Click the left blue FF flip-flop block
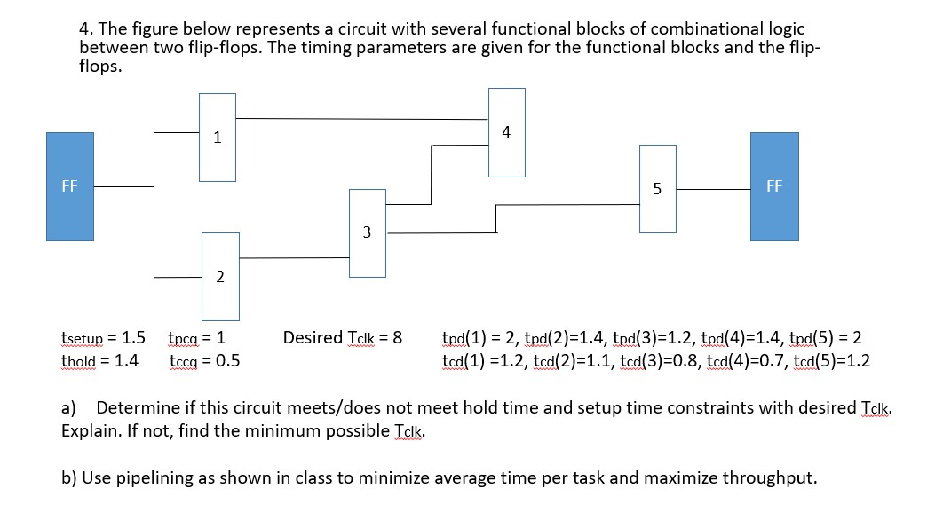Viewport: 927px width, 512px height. pyautogui.click(x=69, y=186)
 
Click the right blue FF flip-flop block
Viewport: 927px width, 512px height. pyautogui.click(x=773, y=186)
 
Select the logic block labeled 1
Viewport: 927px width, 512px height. pyautogui.click(x=218, y=138)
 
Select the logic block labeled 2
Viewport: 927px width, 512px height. pyautogui.click(x=219, y=276)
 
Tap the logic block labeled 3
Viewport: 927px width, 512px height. pyautogui.click(x=367, y=232)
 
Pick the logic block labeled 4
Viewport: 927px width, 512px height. pyautogui.click(x=506, y=132)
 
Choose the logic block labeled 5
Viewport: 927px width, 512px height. pyautogui.click(x=657, y=188)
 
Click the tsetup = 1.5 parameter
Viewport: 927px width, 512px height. pyautogui.click(x=103, y=338)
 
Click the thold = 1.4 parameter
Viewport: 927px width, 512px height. pyautogui.click(x=99, y=361)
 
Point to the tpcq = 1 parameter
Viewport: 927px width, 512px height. pyautogui.click(x=195, y=338)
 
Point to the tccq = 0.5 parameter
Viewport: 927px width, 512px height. pyautogui.click(x=203, y=361)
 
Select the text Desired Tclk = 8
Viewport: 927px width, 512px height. pyautogui.click(x=342, y=338)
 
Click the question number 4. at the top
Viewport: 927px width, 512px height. pyautogui.click(x=86, y=29)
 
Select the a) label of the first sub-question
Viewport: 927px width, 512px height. pyautogui.click(x=68, y=408)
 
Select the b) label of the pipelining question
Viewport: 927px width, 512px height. pyautogui.click(x=69, y=478)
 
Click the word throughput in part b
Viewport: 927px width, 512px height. pyautogui.click(x=772, y=478)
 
